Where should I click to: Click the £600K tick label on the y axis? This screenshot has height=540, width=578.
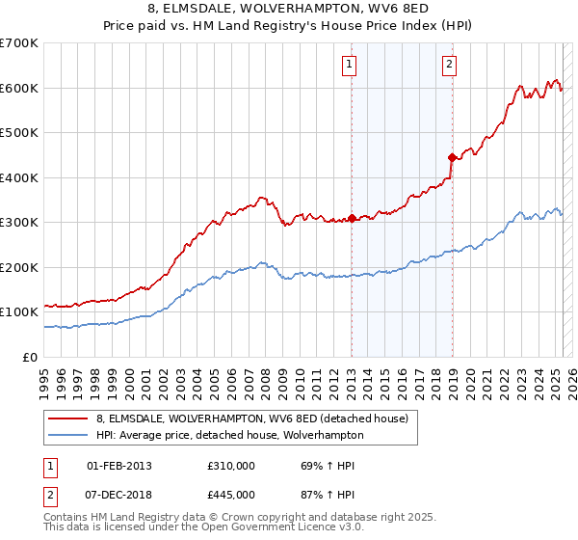[19, 88]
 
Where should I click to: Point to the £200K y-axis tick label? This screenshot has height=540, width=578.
[19, 267]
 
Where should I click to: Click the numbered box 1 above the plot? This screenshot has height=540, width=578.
[348, 66]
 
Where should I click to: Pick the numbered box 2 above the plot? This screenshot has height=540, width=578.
[450, 66]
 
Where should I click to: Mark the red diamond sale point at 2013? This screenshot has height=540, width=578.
[352, 218]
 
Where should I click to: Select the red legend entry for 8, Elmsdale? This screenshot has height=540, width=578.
[252, 418]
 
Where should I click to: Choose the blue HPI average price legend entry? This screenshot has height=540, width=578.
[229, 435]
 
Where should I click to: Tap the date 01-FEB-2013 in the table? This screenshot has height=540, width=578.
[119, 466]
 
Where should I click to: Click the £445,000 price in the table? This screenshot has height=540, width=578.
[230, 494]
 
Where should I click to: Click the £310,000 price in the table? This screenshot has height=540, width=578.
[230, 466]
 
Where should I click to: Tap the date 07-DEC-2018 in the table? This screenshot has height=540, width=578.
[119, 494]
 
